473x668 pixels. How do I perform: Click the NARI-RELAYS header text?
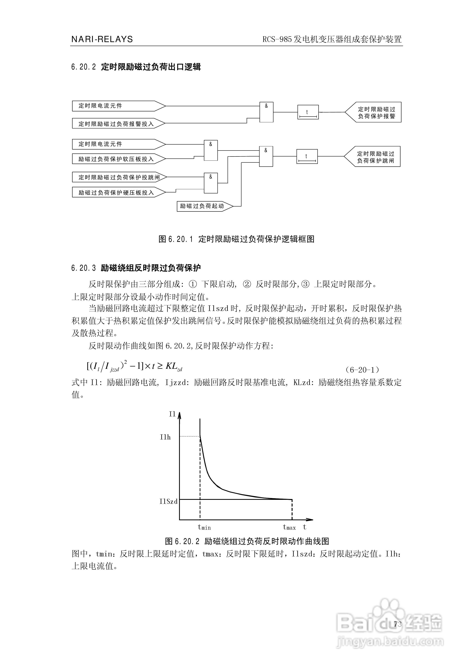click(x=102, y=39)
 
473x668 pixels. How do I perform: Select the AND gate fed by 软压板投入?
click(x=211, y=150)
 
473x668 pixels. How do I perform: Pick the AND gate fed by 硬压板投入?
click(x=211, y=183)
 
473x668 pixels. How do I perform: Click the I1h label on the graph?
click(x=165, y=437)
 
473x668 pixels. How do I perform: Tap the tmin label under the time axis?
click(x=204, y=527)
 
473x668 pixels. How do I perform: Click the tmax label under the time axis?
click(x=289, y=527)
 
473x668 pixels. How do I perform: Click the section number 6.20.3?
click(x=83, y=268)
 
